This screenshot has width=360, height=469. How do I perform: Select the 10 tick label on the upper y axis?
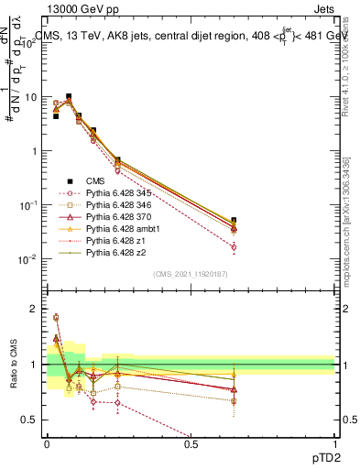tap(32, 97)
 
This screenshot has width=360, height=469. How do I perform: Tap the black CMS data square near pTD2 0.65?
tap(234, 221)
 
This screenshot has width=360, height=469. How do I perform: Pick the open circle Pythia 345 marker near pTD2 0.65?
tap(234, 247)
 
